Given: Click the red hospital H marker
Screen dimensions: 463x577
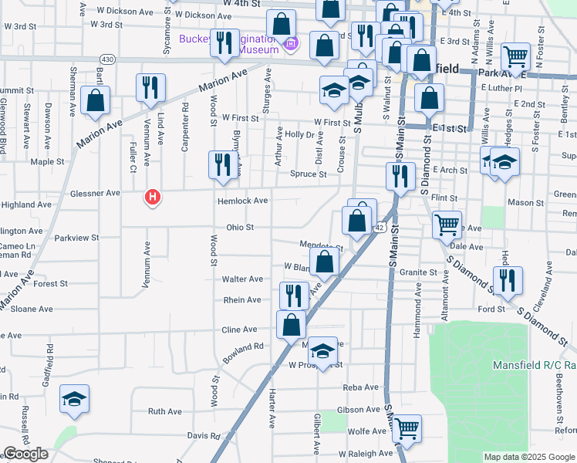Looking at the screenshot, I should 154,198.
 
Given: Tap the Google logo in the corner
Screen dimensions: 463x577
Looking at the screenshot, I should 25,455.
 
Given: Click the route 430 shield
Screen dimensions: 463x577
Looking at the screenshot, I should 107,59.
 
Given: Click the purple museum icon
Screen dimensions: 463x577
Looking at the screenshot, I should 291,45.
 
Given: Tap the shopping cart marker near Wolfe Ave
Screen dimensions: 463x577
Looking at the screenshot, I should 407,428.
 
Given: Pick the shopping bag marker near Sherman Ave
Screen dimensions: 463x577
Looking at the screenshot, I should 95,100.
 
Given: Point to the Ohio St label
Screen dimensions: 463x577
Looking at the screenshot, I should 240,228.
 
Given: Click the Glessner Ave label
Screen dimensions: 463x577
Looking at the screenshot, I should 94,194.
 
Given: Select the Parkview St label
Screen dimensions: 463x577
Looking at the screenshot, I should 77,238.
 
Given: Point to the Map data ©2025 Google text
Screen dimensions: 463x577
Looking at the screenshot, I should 529,457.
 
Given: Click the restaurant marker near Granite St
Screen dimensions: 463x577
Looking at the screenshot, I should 508,281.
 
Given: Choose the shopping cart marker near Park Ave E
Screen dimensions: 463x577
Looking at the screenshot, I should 515,56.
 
